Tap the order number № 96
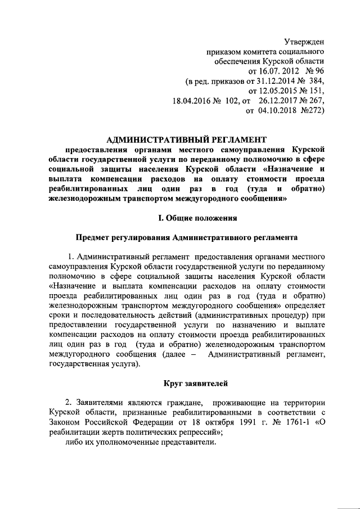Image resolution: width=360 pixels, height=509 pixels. [x=316, y=71]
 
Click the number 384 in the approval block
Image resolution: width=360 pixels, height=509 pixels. [x=317, y=82]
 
